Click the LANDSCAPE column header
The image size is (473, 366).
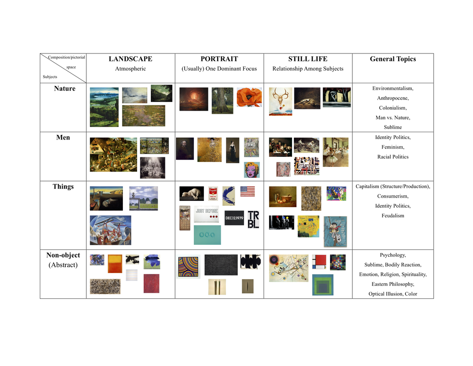pos(130,59)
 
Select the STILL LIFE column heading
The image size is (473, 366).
pos(308,59)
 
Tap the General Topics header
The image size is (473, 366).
pos(393,59)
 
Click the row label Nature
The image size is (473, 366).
pos(64,88)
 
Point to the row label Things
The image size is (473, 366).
pos(63,187)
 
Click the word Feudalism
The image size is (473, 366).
pos(393,215)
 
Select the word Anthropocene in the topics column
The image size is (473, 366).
pos(393,98)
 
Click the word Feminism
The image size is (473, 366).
pos(393,147)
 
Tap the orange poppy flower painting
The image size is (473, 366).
pos(249,97)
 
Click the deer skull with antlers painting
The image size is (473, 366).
pos(281,102)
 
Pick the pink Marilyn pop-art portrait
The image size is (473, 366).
pos(252,170)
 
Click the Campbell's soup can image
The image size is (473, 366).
pos(213,194)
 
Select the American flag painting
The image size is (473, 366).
pos(247,191)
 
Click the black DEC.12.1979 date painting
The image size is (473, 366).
pos(234,218)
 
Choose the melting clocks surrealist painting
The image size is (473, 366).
pos(106,199)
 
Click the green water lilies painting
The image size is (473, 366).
pos(143,116)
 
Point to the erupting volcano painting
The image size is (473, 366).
pos(194,99)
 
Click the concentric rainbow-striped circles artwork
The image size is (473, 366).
pos(188,267)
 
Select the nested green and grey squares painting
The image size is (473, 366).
pos(323,285)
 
